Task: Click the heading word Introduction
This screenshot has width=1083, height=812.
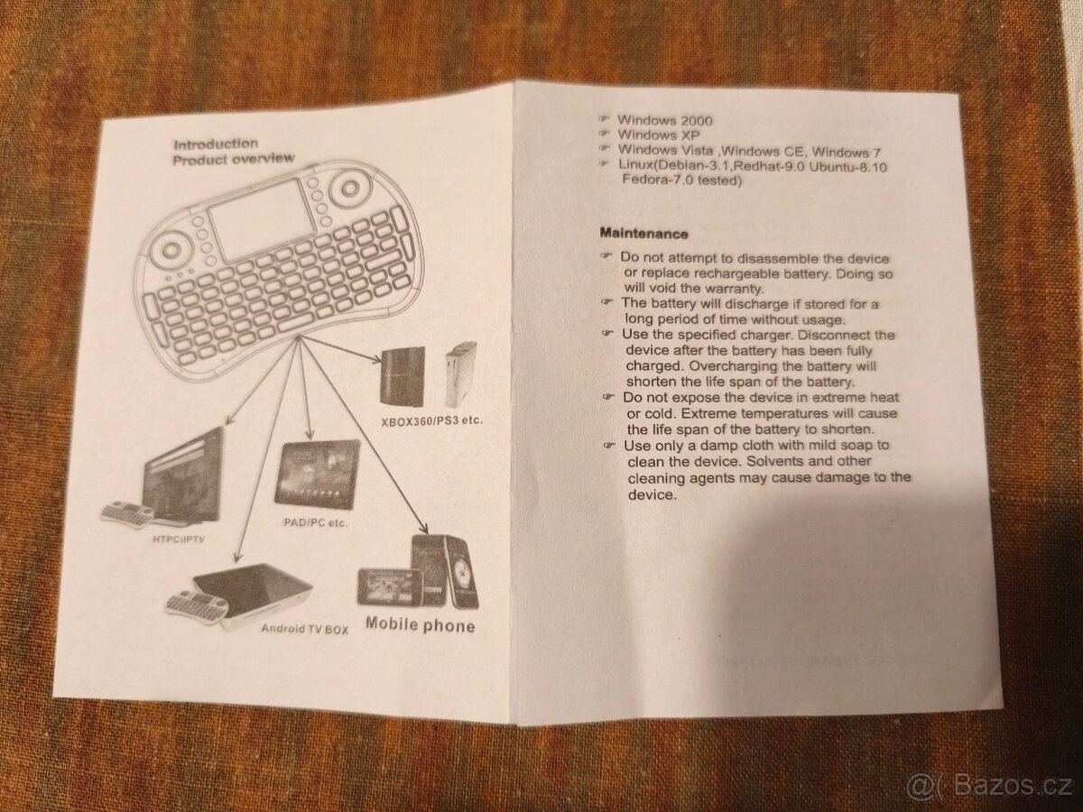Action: pos(215,143)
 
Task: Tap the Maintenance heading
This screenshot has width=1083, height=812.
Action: pos(643,233)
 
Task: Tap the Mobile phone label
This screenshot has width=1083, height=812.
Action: pos(420,624)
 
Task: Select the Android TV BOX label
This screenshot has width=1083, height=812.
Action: pos(304,629)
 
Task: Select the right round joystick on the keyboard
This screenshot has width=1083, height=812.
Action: pos(347,190)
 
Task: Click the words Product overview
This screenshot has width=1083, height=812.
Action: pos(233,160)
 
